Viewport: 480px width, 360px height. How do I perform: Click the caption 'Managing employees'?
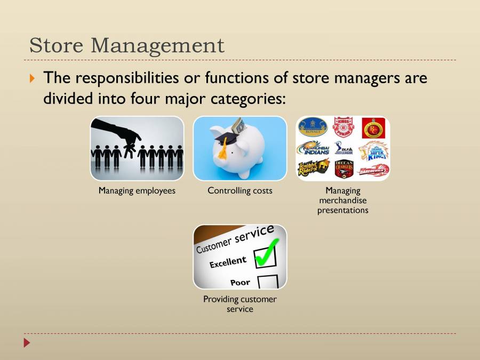pos(137,190)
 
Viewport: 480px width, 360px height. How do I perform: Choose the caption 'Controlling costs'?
pos(240,190)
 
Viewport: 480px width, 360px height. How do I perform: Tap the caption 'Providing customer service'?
pos(240,304)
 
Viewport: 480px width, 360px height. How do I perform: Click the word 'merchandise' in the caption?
pos(343,201)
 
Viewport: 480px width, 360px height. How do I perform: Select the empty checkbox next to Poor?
pos(268,282)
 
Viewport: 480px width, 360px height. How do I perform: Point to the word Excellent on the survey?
pos(228,262)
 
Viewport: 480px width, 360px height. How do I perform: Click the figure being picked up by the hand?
pos(130,151)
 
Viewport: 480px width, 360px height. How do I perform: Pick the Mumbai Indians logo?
pos(314,148)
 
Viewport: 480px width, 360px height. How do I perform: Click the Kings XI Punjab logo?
pos(343,128)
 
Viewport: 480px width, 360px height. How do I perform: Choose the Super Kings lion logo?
pos(373,150)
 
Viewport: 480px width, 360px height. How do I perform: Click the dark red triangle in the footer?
pos(27,342)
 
